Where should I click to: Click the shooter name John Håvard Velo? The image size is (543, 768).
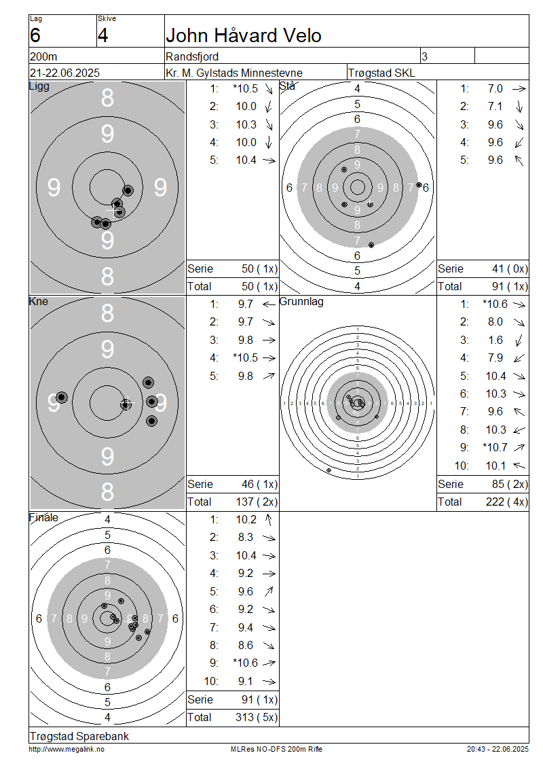243,36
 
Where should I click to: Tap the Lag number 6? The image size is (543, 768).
35,36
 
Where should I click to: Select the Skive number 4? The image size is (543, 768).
102,36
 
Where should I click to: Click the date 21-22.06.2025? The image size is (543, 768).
64,73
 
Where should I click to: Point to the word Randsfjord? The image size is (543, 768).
192,56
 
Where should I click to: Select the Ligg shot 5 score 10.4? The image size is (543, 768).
246,160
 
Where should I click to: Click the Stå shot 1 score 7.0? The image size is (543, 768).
495,88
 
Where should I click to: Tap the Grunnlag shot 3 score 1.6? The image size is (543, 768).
495,340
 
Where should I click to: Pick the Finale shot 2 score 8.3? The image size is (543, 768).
246,538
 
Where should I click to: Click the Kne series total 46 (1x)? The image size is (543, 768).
259,485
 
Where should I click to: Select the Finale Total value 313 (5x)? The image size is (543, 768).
257,718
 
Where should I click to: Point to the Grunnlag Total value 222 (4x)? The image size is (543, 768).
507,502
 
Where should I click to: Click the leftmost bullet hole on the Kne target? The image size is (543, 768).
62,397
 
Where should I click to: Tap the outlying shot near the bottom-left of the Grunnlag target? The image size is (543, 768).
329,470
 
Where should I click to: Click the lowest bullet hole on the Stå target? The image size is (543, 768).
371,245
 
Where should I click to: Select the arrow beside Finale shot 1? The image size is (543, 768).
269,520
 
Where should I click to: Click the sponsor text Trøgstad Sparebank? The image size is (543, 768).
79,736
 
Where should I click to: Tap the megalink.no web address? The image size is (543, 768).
67,750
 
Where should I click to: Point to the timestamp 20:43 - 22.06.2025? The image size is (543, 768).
498,750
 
